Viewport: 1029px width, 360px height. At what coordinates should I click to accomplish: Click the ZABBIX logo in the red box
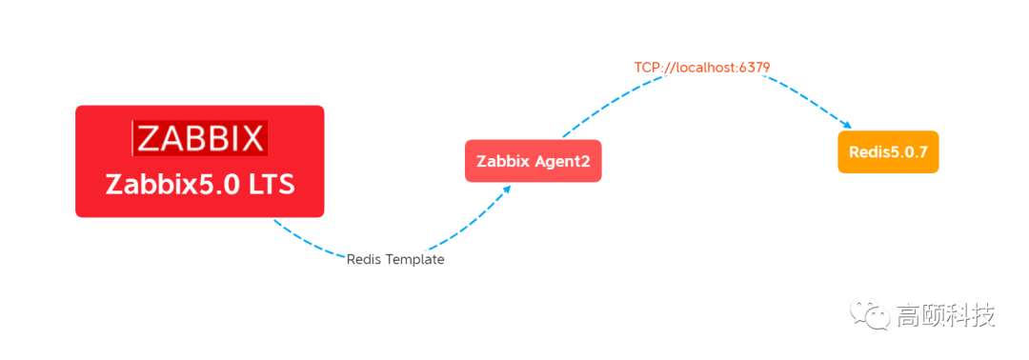(200, 139)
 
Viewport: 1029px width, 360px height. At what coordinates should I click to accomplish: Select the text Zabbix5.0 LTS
(200, 184)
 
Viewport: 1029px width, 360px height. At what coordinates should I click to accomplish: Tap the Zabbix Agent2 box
(533, 162)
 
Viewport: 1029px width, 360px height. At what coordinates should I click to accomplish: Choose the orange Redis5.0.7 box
(888, 152)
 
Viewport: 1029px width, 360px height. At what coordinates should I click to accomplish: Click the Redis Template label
(394, 259)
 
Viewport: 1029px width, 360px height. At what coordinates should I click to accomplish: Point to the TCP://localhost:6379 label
(702, 67)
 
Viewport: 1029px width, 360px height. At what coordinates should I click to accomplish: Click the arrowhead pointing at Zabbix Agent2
(507, 189)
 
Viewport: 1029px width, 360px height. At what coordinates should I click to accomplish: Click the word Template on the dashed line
(414, 259)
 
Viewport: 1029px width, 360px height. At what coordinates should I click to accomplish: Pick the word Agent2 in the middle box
(561, 162)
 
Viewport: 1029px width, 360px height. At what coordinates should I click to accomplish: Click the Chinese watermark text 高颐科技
(945, 315)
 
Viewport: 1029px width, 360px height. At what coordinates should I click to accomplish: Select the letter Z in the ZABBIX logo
(149, 139)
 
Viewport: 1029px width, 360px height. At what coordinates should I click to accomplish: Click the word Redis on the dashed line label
(364, 259)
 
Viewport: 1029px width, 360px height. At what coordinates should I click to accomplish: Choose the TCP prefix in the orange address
(647, 67)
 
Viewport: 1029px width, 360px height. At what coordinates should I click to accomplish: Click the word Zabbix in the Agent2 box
(502, 162)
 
